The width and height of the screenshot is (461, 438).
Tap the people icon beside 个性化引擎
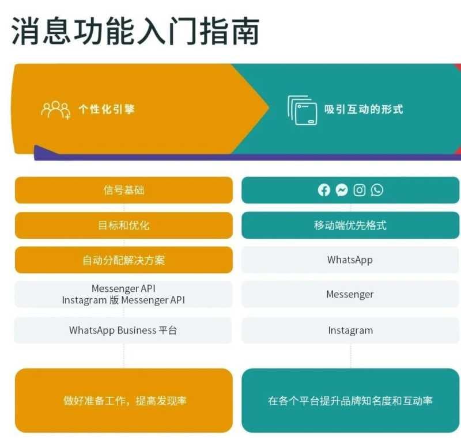55,109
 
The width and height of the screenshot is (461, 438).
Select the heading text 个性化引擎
107,109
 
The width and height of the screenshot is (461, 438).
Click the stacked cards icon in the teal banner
303,110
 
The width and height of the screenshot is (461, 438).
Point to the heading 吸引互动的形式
364,109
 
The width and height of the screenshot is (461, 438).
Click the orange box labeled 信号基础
124,190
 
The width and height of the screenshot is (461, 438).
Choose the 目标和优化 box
124,225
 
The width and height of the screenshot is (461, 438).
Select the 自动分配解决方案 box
124,260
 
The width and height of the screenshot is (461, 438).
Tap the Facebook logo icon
324,190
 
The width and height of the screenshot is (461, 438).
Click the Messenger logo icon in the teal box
342,190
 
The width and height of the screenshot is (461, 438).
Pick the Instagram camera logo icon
360,190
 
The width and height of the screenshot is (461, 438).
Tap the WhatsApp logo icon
377,190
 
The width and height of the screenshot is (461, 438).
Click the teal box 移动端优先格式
350,225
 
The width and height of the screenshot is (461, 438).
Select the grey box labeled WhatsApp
350,260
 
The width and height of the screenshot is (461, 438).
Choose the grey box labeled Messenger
350,295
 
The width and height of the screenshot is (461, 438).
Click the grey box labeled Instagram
350,330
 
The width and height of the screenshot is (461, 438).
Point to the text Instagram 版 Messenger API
123,300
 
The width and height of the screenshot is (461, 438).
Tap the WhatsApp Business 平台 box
123,330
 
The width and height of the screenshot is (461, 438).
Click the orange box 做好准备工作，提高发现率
124,401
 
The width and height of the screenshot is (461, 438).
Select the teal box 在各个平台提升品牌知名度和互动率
350,401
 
